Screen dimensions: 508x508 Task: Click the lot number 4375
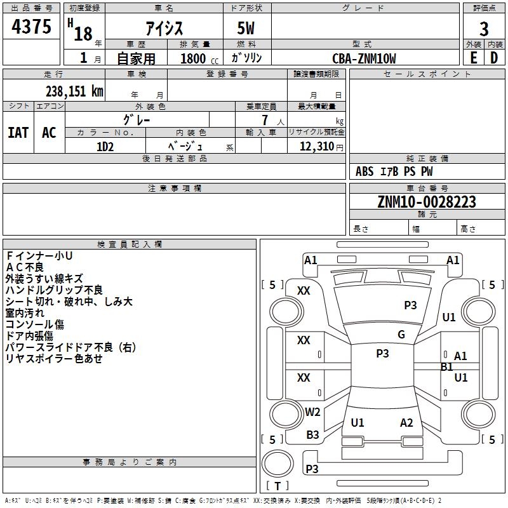click(x=31, y=27)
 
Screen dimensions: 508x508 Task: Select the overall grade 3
click(x=484, y=29)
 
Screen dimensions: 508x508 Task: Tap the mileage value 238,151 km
click(x=74, y=91)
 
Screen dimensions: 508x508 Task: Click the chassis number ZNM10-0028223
click(x=427, y=202)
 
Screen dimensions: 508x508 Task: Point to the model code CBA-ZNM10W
click(x=364, y=58)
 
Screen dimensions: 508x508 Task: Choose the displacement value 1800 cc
click(x=199, y=58)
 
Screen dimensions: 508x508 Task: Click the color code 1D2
click(x=105, y=147)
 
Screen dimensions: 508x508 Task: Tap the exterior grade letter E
click(x=474, y=58)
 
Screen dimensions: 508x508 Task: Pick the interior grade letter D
click(x=494, y=58)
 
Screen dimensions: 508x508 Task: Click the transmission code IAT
click(x=18, y=133)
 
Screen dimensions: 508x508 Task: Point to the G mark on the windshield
click(x=401, y=335)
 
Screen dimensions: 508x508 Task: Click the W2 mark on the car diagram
click(x=312, y=411)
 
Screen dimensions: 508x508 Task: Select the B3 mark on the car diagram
click(x=312, y=435)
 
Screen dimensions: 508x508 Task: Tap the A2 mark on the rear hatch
click(x=406, y=423)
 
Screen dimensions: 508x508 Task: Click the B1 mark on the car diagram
click(x=447, y=367)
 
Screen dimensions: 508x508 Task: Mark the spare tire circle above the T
click(x=277, y=464)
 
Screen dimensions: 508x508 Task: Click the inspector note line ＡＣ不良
click(x=25, y=267)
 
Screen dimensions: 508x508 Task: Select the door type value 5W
click(x=246, y=28)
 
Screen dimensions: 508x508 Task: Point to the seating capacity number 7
click(x=265, y=120)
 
